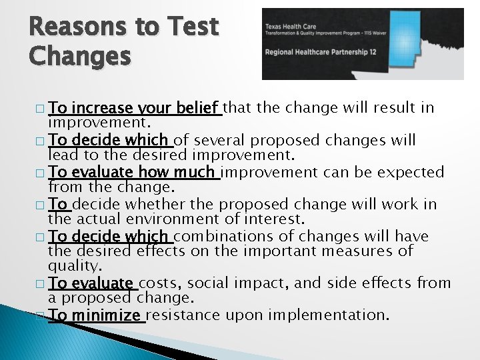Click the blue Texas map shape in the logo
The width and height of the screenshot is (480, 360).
(x=427, y=40)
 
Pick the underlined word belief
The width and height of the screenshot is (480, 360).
(x=201, y=109)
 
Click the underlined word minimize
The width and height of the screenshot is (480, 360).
(x=107, y=315)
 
